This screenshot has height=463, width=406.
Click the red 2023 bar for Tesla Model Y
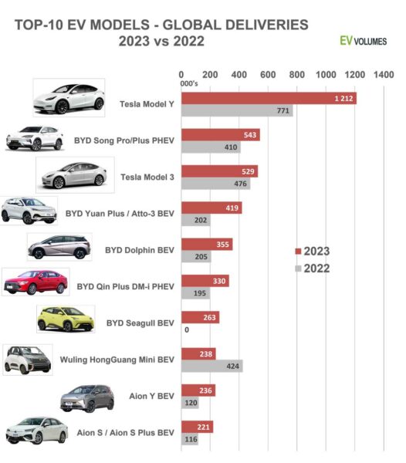point(268,98)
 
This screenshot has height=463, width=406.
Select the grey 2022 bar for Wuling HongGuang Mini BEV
point(211,366)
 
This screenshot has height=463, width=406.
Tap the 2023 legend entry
point(313,252)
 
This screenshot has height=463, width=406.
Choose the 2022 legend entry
point(313,269)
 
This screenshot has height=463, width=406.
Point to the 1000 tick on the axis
point(326,75)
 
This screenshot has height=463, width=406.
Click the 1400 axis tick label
point(384,75)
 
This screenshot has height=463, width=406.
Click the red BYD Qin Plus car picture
point(35,282)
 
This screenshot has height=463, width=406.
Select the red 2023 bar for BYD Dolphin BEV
point(206,244)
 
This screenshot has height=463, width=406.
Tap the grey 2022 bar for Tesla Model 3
point(215,184)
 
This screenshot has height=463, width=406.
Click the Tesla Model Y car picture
point(69,98)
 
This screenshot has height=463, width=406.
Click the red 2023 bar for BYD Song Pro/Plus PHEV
point(220,135)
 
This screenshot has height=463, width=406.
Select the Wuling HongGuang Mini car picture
point(28,360)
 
